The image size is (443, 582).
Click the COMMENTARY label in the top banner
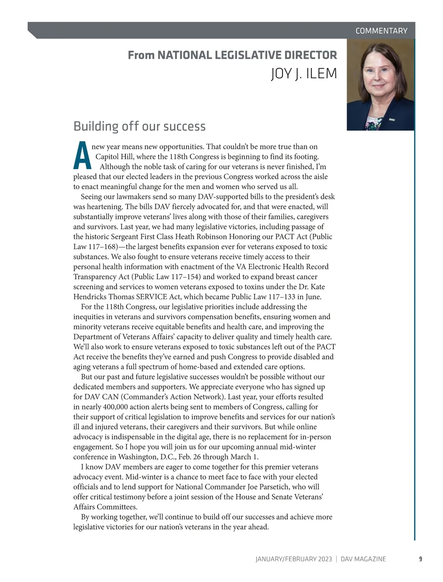pos(381,31)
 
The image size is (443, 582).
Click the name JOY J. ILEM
pos(304,74)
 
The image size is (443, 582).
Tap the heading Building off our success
pos(140,126)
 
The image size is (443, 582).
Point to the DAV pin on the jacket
pos(392,119)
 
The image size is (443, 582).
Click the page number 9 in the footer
pos(420,559)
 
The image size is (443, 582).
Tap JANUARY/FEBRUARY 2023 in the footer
pos(293,559)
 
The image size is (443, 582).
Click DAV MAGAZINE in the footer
pos(363,559)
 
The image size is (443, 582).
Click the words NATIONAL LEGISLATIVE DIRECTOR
pos(247,55)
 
